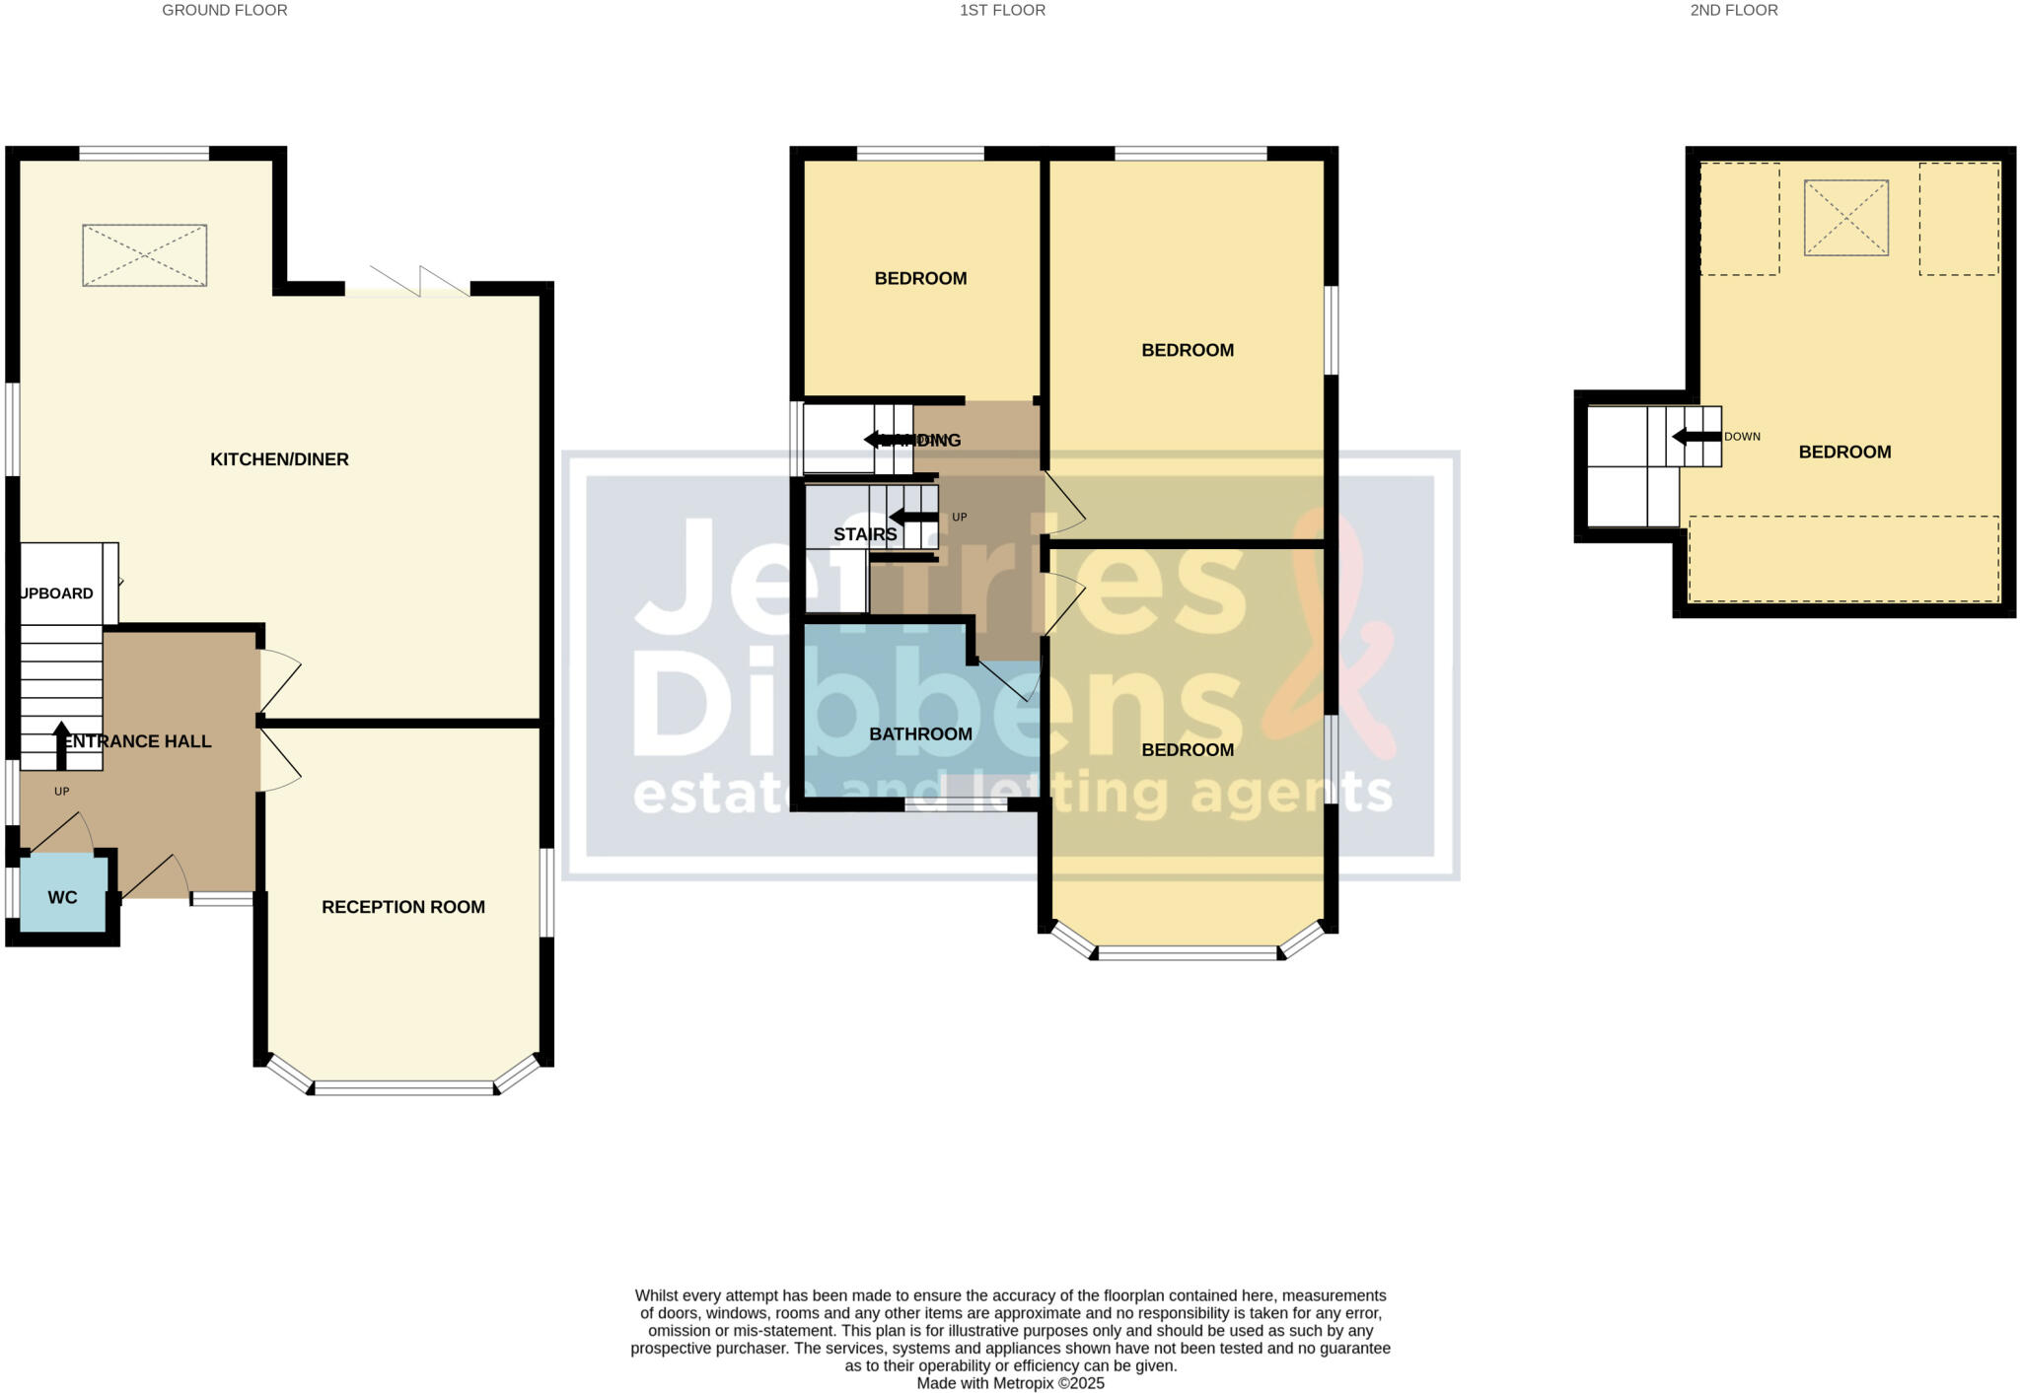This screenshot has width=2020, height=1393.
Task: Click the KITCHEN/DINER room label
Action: click(279, 459)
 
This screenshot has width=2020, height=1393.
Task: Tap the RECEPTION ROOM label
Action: click(402, 907)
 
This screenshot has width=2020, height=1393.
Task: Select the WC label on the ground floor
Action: click(62, 898)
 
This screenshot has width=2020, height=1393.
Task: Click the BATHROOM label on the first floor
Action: click(920, 734)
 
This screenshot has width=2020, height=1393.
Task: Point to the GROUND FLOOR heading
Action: click(225, 11)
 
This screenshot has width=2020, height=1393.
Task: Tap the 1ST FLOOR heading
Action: click(1002, 11)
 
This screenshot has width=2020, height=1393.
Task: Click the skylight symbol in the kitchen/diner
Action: click(144, 255)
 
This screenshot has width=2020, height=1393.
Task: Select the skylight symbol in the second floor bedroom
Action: click(1845, 218)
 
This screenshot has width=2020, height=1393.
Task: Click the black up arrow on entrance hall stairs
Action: click(61, 745)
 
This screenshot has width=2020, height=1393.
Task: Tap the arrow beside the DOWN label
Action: click(1695, 437)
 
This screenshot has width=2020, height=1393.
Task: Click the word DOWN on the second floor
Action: click(1742, 437)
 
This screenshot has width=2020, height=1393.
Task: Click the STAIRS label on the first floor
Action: click(865, 535)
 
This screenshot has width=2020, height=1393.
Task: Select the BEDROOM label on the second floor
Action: click(1844, 453)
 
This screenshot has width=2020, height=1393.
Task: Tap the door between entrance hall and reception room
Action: click(278, 760)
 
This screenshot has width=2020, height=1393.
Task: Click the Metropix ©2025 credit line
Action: click(1010, 1383)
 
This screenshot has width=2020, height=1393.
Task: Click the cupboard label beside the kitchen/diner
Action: click(57, 593)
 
